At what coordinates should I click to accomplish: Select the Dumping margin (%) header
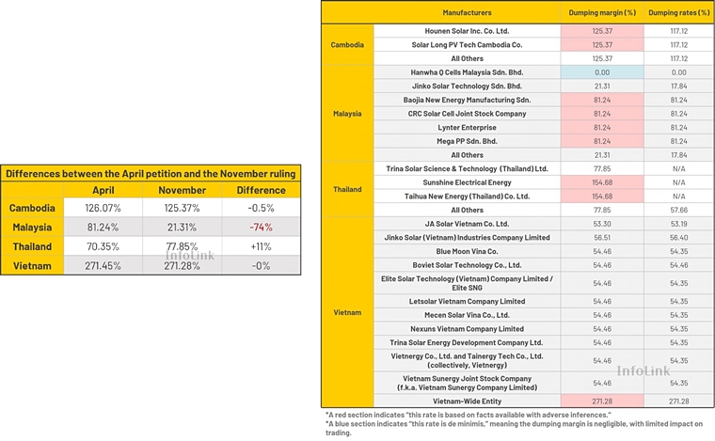click(x=602, y=13)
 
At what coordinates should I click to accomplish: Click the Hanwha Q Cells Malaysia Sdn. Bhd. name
click(x=467, y=72)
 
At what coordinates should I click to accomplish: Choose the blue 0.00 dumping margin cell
click(x=602, y=72)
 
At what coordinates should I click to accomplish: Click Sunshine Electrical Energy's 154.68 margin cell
click(x=602, y=182)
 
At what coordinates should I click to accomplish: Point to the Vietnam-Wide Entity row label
click(x=467, y=401)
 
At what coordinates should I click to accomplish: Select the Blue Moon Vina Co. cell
click(x=467, y=251)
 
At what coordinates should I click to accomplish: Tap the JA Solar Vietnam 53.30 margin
click(x=602, y=224)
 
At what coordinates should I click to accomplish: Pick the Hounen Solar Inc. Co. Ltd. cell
click(x=467, y=31)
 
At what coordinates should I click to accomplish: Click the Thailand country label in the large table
click(x=347, y=189)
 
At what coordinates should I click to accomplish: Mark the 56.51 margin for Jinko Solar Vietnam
click(x=602, y=238)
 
